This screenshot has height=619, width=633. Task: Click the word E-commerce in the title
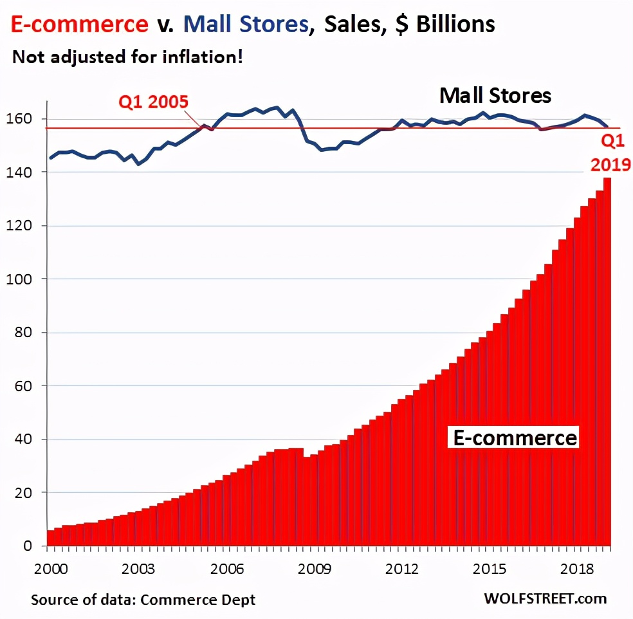point(78,25)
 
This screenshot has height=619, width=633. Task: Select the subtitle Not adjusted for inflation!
point(128,57)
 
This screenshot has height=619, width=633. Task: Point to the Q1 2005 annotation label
point(152,102)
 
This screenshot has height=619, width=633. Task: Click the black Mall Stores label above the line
point(495,96)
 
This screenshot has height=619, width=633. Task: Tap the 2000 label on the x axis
point(48,569)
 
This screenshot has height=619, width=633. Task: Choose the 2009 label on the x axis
point(315,569)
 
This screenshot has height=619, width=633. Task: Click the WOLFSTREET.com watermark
point(545,598)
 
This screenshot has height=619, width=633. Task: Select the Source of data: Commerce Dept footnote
point(143,600)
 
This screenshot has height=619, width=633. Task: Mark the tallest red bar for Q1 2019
point(607,360)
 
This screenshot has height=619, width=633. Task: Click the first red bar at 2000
point(50,538)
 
